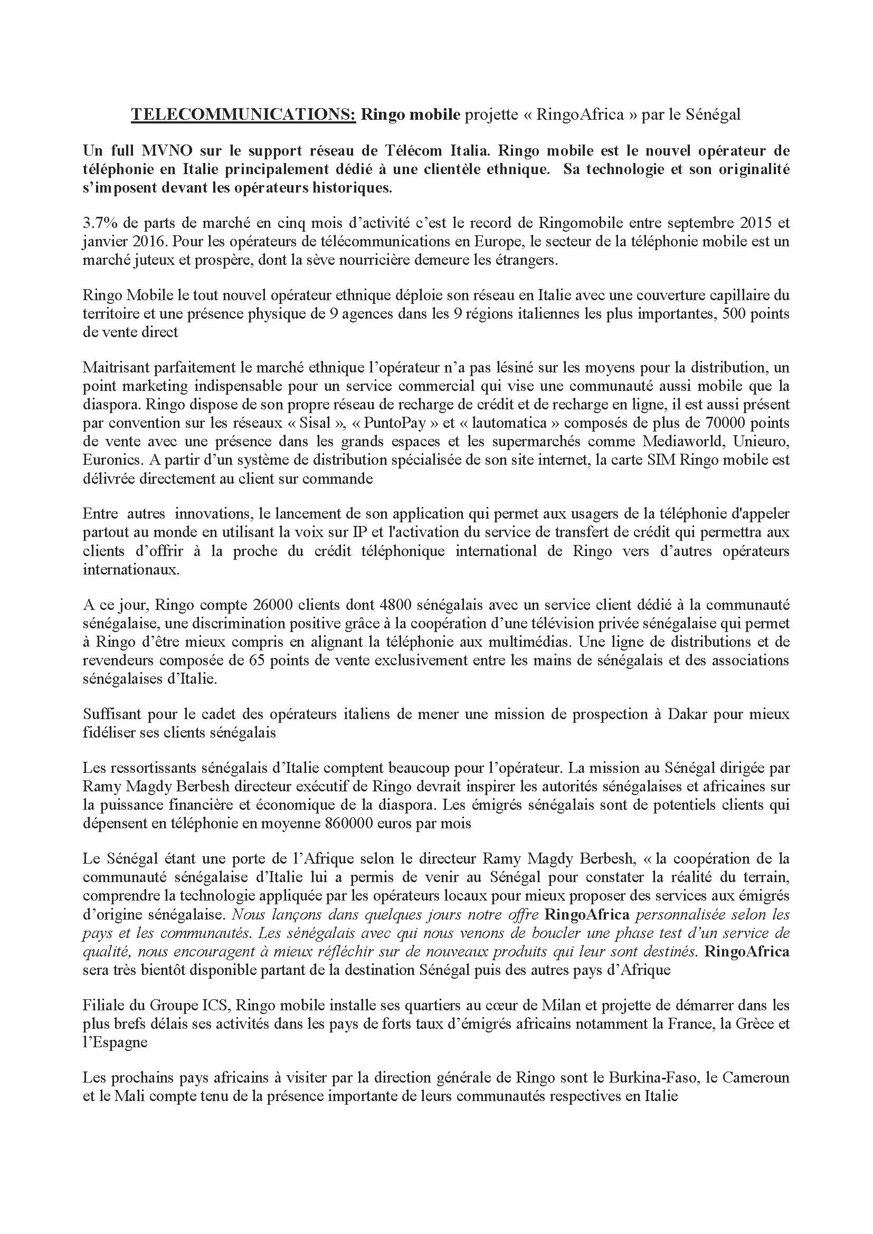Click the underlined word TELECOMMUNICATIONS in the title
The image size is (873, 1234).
(x=243, y=114)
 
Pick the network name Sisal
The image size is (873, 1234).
(x=319, y=423)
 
